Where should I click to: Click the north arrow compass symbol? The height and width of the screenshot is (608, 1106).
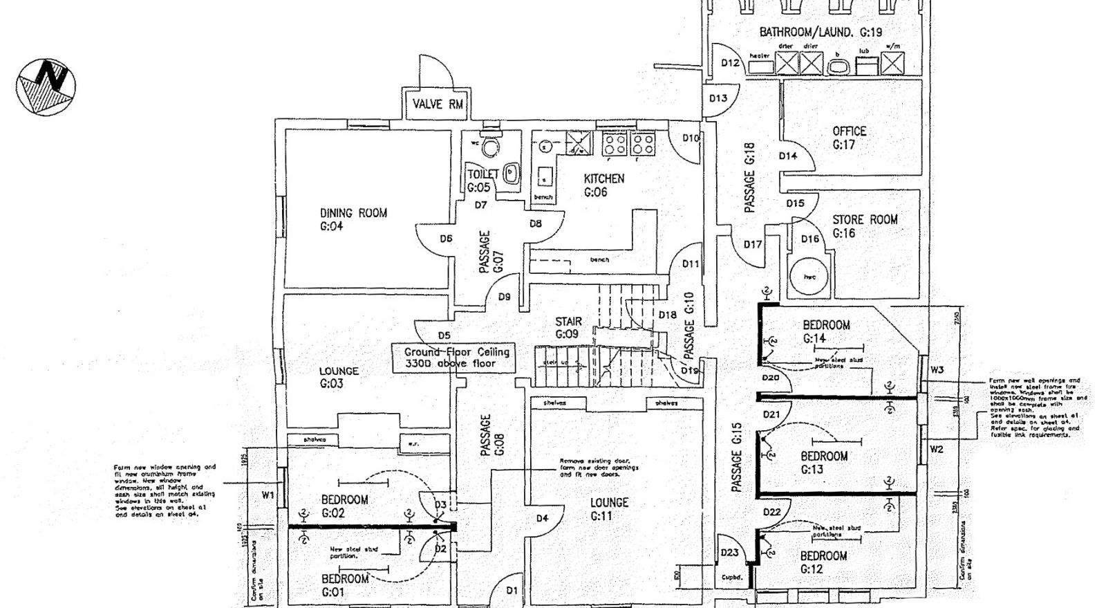(x=46, y=87)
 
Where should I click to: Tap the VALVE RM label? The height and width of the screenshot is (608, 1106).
(x=438, y=105)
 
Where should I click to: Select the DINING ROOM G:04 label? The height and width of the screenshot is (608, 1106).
(x=353, y=219)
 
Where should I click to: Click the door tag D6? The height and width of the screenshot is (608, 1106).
(x=446, y=239)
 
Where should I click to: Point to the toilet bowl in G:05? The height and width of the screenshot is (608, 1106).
(x=491, y=147)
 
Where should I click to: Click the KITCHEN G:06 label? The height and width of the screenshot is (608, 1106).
(x=603, y=185)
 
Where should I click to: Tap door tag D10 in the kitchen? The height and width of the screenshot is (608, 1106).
(x=691, y=138)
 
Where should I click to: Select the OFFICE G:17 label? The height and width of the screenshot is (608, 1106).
(x=849, y=138)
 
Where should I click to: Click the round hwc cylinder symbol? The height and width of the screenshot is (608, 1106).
(x=810, y=277)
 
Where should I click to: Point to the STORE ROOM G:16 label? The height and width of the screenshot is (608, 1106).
(x=865, y=226)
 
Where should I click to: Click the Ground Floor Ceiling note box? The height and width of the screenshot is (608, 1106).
(x=456, y=358)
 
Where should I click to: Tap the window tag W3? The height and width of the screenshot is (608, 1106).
(x=937, y=370)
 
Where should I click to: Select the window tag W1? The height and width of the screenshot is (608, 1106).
(x=268, y=495)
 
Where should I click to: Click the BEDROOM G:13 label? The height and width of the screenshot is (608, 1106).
(x=824, y=463)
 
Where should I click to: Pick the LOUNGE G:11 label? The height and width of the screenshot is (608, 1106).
(x=609, y=509)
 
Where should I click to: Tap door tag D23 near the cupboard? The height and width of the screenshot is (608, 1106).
(x=729, y=553)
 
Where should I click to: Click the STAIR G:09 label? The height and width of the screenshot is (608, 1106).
(x=568, y=328)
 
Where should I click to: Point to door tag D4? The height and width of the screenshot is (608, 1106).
(x=542, y=519)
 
